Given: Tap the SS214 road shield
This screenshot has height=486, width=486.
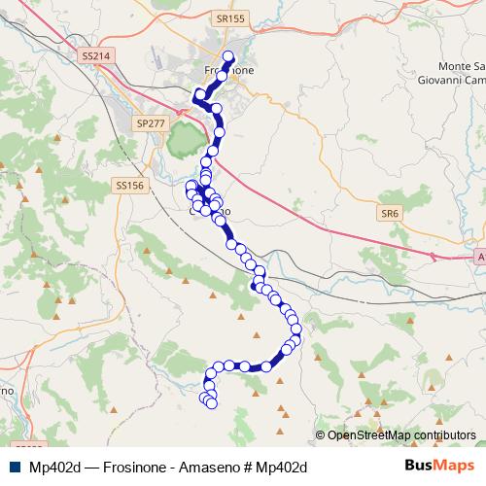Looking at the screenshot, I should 95,56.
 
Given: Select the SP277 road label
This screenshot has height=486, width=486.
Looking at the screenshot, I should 152,124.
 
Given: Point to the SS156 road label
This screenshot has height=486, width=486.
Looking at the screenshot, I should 128,185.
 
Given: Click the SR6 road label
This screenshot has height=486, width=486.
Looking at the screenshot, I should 390,210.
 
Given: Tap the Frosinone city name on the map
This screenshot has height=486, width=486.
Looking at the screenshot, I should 229,71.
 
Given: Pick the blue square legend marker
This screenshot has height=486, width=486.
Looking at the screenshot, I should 15,467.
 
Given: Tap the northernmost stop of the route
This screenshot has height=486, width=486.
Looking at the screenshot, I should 229,56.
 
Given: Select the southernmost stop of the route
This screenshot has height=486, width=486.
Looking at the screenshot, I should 211,403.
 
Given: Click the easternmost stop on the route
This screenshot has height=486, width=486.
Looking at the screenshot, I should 296,330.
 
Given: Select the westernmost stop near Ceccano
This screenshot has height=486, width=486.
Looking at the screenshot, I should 191,184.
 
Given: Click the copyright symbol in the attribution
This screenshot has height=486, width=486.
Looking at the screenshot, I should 321,434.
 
